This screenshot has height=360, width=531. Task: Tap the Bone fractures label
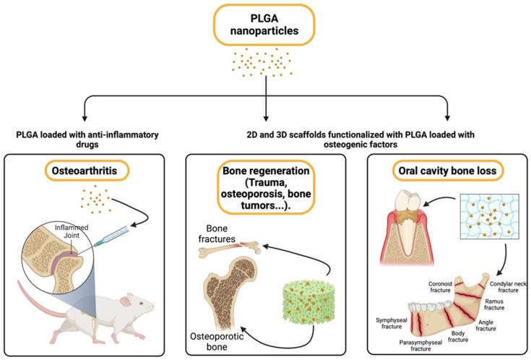coord(218,234)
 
